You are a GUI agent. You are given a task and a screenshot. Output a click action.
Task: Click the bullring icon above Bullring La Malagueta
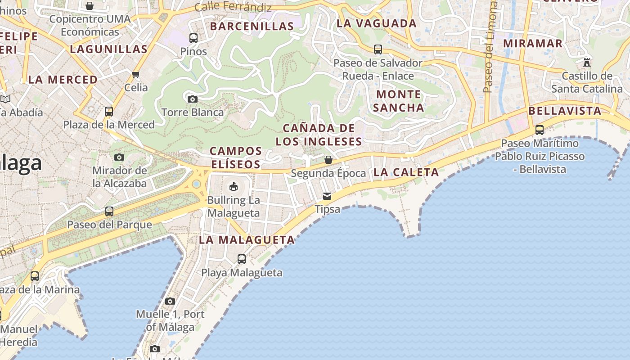pyautogui.click(x=234, y=186)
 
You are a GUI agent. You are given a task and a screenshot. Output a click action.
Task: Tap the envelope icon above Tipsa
pyautogui.click(x=327, y=196)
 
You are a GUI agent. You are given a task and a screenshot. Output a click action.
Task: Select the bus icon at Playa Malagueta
pyautogui.click(x=242, y=259)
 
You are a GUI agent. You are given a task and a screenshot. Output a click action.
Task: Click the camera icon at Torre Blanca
pyautogui.click(x=193, y=99)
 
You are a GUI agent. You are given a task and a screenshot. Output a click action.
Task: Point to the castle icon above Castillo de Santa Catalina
pyautogui.click(x=587, y=62)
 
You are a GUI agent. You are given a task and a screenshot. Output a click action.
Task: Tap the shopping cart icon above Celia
pyautogui.click(x=136, y=74)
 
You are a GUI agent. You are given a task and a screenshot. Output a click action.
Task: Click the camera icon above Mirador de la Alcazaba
pyautogui.click(x=119, y=157)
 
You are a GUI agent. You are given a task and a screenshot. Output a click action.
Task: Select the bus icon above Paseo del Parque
pyautogui.click(x=109, y=211)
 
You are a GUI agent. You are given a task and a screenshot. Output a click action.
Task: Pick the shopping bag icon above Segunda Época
pyautogui.click(x=328, y=160)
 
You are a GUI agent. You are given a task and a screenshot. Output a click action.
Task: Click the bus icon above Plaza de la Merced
pyautogui.click(x=108, y=111)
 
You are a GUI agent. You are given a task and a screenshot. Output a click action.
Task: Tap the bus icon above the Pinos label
pyautogui.click(x=193, y=38)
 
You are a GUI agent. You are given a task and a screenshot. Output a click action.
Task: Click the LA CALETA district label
pyautogui.click(x=406, y=172)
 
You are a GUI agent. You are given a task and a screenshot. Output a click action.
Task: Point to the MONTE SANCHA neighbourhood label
pyautogui.click(x=398, y=101)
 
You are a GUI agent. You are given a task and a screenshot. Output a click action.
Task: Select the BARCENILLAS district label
pyautogui.click(x=252, y=26)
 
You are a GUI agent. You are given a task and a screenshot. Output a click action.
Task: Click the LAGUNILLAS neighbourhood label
pyautogui.click(x=108, y=49)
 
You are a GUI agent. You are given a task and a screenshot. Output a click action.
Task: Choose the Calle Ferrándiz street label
pyautogui.click(x=233, y=7)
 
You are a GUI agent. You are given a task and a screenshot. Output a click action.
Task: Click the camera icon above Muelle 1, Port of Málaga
pyautogui.click(x=170, y=301)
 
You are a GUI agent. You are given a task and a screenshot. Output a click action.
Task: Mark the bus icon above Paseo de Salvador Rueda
pyautogui.click(x=378, y=49)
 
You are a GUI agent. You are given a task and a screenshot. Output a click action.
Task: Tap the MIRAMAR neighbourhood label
pyautogui.click(x=533, y=43)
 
